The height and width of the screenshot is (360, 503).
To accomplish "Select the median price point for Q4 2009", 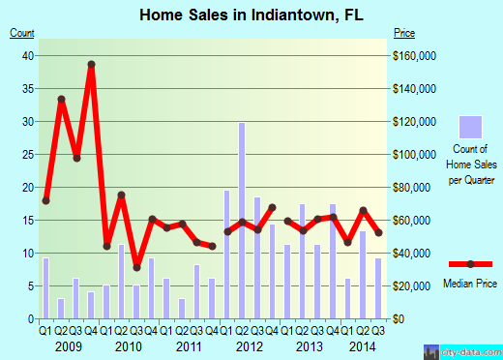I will [x=91, y=65].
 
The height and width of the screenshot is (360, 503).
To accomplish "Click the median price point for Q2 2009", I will [x=61, y=99].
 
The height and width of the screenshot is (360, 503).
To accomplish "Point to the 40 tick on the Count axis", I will [x=29, y=56].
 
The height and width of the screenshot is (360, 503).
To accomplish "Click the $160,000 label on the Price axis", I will [x=415, y=56].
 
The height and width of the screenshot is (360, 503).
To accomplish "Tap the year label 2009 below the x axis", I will [x=67, y=346].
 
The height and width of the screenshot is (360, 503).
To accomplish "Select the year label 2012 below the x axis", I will [x=250, y=346].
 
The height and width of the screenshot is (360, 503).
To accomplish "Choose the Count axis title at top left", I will [x=22, y=34].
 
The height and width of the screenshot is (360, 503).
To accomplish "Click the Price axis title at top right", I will [x=405, y=34].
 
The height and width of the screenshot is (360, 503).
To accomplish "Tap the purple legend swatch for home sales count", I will [x=470, y=127].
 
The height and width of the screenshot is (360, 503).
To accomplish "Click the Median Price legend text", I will [x=470, y=284].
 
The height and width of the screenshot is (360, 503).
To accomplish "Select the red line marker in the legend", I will [x=470, y=264].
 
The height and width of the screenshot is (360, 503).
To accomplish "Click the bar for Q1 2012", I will [x=227, y=255].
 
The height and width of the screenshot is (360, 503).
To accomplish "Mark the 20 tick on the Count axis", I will [x=29, y=188].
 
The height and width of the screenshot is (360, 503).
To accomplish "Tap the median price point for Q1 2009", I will [x=45, y=200].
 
